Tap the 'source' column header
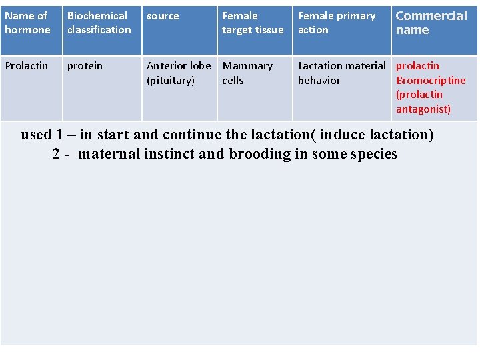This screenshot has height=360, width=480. [x=163, y=16]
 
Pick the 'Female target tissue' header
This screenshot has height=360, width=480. [x=253, y=23]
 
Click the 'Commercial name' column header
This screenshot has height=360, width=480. [x=431, y=23]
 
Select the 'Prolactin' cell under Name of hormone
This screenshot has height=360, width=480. [x=27, y=66]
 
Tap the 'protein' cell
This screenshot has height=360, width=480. [x=85, y=66]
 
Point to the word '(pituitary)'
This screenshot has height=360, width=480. [x=171, y=81]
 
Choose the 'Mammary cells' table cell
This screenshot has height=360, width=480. [x=247, y=73]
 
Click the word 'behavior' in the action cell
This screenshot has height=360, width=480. [x=319, y=81]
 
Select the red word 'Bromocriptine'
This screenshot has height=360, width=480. [x=431, y=81]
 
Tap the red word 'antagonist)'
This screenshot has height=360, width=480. [x=423, y=109]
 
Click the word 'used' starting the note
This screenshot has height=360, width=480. [x=36, y=135]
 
